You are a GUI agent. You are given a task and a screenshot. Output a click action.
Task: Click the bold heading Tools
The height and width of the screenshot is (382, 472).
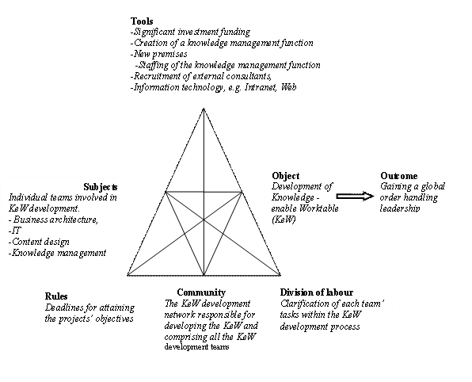tap(142, 21)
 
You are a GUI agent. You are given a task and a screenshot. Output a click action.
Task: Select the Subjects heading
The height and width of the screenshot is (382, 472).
tap(101, 187)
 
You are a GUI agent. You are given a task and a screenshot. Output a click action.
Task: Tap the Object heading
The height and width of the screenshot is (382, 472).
tap(286, 176)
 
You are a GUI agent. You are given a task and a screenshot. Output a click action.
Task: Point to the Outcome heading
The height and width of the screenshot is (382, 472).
tap(399, 176)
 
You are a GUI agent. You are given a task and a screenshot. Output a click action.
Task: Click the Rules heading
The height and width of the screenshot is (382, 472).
tap(56, 296)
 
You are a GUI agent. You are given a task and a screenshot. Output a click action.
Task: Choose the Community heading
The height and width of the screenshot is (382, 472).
tap(201, 292)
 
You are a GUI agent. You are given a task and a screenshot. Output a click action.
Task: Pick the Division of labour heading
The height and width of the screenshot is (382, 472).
tap(316, 292)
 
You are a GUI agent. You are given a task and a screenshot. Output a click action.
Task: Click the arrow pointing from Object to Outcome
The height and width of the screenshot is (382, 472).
tap(356, 197)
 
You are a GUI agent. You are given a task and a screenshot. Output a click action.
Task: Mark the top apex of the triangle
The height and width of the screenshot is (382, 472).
tap(204, 109)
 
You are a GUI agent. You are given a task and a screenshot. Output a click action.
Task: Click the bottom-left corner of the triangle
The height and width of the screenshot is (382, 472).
tap(128, 275)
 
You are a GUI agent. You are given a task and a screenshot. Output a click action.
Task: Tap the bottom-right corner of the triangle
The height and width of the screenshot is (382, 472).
tap(280, 275)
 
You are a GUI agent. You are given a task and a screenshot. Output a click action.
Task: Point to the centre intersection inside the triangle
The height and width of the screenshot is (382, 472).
tap(204, 220)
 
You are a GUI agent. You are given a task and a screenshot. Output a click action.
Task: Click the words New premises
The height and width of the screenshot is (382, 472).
tap(160, 54)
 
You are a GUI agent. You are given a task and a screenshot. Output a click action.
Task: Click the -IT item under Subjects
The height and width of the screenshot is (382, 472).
tap(15, 231)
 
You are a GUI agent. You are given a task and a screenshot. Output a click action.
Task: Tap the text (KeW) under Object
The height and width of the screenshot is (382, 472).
tap(284, 220)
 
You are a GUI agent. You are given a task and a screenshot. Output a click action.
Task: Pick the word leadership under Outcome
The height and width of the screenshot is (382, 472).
tap(399, 208)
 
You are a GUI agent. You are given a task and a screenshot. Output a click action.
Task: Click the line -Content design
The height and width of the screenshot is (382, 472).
tap(39, 242)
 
